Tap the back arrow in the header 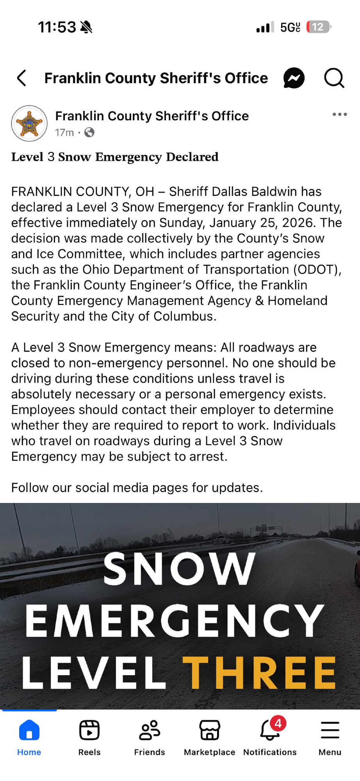click(22, 78)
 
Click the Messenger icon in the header click(294, 78)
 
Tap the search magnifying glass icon click(334, 78)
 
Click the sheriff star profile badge click(29, 123)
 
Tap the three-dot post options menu click(339, 114)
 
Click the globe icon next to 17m click(89, 133)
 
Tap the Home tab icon click(29, 730)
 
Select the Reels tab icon click(89, 730)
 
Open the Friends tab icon click(150, 730)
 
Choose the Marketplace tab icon click(210, 730)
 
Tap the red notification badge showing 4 click(278, 724)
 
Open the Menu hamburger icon click(330, 730)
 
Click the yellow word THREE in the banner click(259, 673)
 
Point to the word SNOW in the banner click(180, 569)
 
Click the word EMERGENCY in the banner click(175, 621)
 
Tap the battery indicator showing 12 click(318, 27)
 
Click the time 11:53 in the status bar click(57, 27)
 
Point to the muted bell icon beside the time click(86, 27)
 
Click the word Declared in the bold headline click(192, 157)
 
